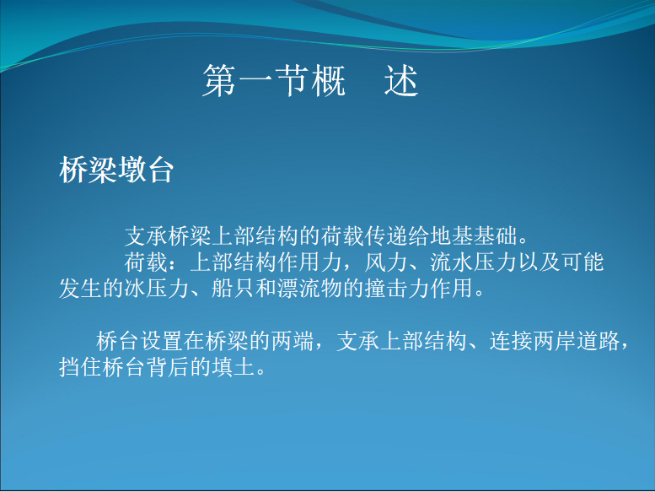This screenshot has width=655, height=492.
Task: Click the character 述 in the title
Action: (x=401, y=81)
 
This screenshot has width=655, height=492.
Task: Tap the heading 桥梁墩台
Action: (x=116, y=170)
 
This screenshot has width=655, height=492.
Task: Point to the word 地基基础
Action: (x=475, y=236)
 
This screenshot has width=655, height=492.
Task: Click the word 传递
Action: (x=387, y=236)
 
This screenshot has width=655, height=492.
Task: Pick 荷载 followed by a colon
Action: (x=146, y=262)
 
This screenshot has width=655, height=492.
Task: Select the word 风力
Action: (x=387, y=262)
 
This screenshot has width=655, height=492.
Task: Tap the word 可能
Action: (x=583, y=262)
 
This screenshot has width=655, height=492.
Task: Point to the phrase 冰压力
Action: (x=157, y=289)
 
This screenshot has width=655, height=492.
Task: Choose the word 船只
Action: (x=234, y=289)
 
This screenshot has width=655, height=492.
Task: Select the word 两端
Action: (x=293, y=341)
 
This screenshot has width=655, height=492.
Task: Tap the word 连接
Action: (x=511, y=341)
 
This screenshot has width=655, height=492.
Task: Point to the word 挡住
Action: (x=81, y=367)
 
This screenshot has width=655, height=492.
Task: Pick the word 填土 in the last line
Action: (x=234, y=367)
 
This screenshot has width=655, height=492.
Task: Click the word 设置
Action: (x=162, y=341)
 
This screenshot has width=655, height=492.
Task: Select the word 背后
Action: (x=168, y=367)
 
